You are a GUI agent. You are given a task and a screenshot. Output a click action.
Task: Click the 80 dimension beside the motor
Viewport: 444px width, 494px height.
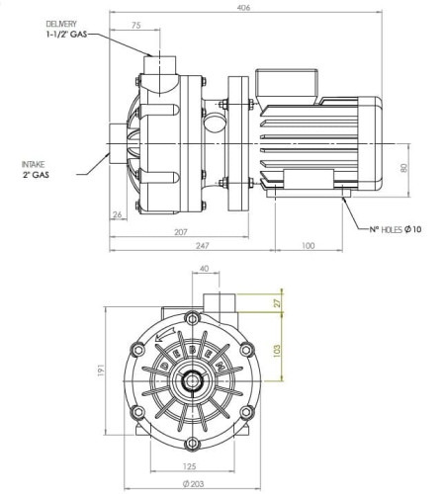click(x=404, y=167)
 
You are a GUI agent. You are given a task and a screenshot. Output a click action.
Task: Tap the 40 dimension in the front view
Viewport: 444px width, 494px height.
click(x=205, y=269)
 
